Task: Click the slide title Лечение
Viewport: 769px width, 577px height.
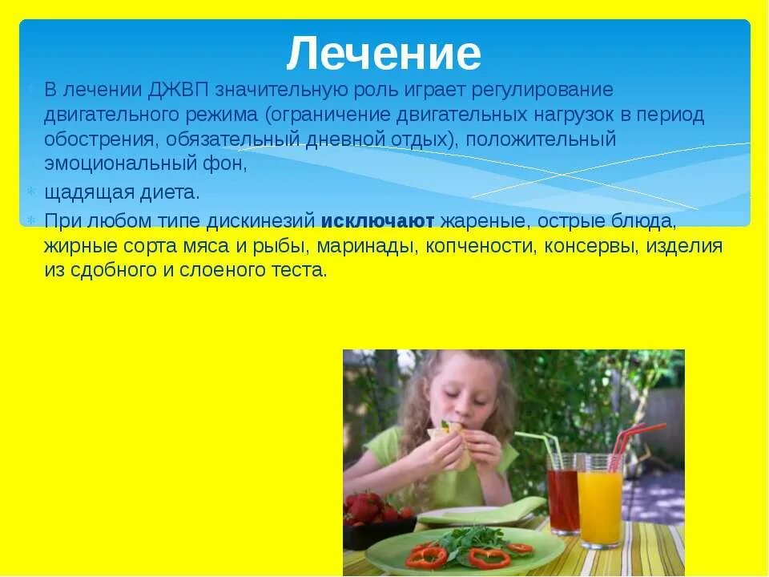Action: click(x=384, y=54)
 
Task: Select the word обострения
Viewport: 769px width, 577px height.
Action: click(x=102, y=139)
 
